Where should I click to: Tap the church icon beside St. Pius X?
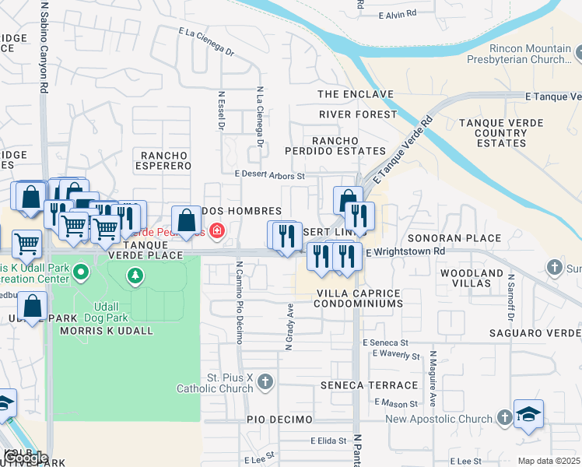[266, 381]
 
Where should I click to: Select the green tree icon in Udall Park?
[136, 275]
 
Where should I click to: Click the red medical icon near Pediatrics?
[216, 231]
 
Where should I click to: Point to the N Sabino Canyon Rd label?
[44, 47]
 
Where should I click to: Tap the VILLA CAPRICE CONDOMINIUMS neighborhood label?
[357, 298]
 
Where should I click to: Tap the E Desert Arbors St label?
[269, 176]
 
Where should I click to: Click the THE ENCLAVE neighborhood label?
[356, 94]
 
